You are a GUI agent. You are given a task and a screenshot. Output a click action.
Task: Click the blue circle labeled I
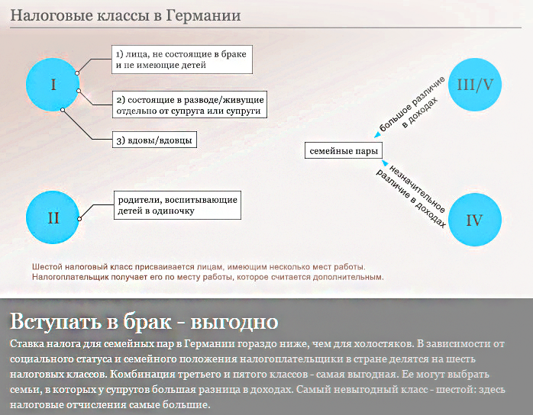click(x=53, y=85)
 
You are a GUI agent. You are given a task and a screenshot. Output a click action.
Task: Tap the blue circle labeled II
click(x=53, y=217)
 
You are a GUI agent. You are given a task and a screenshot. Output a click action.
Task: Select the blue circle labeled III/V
click(x=474, y=85)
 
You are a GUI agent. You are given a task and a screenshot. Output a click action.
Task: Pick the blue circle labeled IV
click(x=474, y=220)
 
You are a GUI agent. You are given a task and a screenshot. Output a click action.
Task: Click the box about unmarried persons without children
click(x=182, y=60)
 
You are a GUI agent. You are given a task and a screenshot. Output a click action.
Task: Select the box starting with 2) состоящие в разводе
click(x=189, y=105)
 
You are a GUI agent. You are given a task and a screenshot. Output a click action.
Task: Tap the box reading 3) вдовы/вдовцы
click(x=154, y=140)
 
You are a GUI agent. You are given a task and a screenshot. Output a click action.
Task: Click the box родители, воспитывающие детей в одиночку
click(x=177, y=205)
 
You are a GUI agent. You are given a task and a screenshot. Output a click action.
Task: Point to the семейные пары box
click(x=344, y=151)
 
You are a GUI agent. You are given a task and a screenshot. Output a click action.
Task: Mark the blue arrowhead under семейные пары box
click(x=385, y=163)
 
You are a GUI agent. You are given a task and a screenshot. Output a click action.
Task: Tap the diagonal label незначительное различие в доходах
click(x=412, y=196)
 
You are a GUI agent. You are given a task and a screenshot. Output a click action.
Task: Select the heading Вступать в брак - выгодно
click(x=144, y=321)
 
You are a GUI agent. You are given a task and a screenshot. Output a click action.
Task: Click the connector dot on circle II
click(x=79, y=219)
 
